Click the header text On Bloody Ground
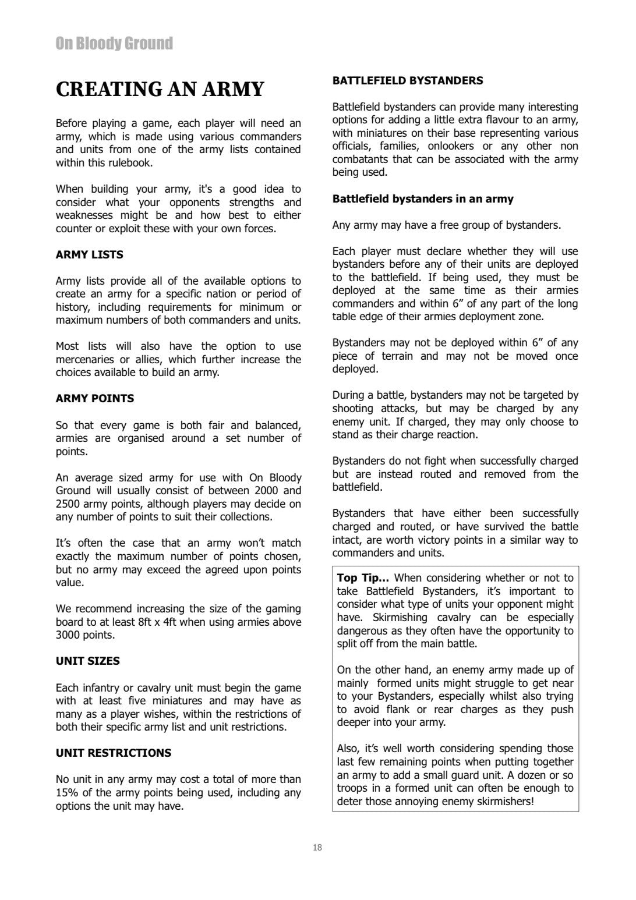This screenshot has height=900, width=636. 114,44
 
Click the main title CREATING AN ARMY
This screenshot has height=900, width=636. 160,90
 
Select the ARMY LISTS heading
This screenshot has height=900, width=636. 89,254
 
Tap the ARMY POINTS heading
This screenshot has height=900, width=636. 94,399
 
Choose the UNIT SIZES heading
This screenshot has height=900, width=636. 87,661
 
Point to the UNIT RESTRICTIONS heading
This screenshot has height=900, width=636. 114,753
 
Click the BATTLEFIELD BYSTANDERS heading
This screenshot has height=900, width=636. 408,81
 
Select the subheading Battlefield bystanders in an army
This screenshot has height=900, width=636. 423,199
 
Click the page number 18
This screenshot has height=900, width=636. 317,848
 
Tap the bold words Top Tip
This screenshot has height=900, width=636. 362,578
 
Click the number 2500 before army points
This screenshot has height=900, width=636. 68,504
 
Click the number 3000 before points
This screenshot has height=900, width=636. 68,635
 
